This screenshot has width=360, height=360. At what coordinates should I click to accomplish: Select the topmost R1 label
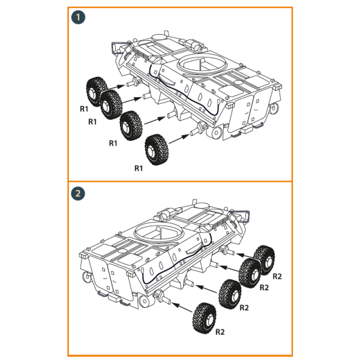point(85,109)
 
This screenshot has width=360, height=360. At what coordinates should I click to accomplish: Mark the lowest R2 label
point(220,332)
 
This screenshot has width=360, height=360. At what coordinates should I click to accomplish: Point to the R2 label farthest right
point(277,277)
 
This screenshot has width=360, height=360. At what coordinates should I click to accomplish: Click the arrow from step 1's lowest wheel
point(178,137)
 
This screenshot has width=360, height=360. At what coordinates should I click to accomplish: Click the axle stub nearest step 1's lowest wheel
point(197,128)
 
